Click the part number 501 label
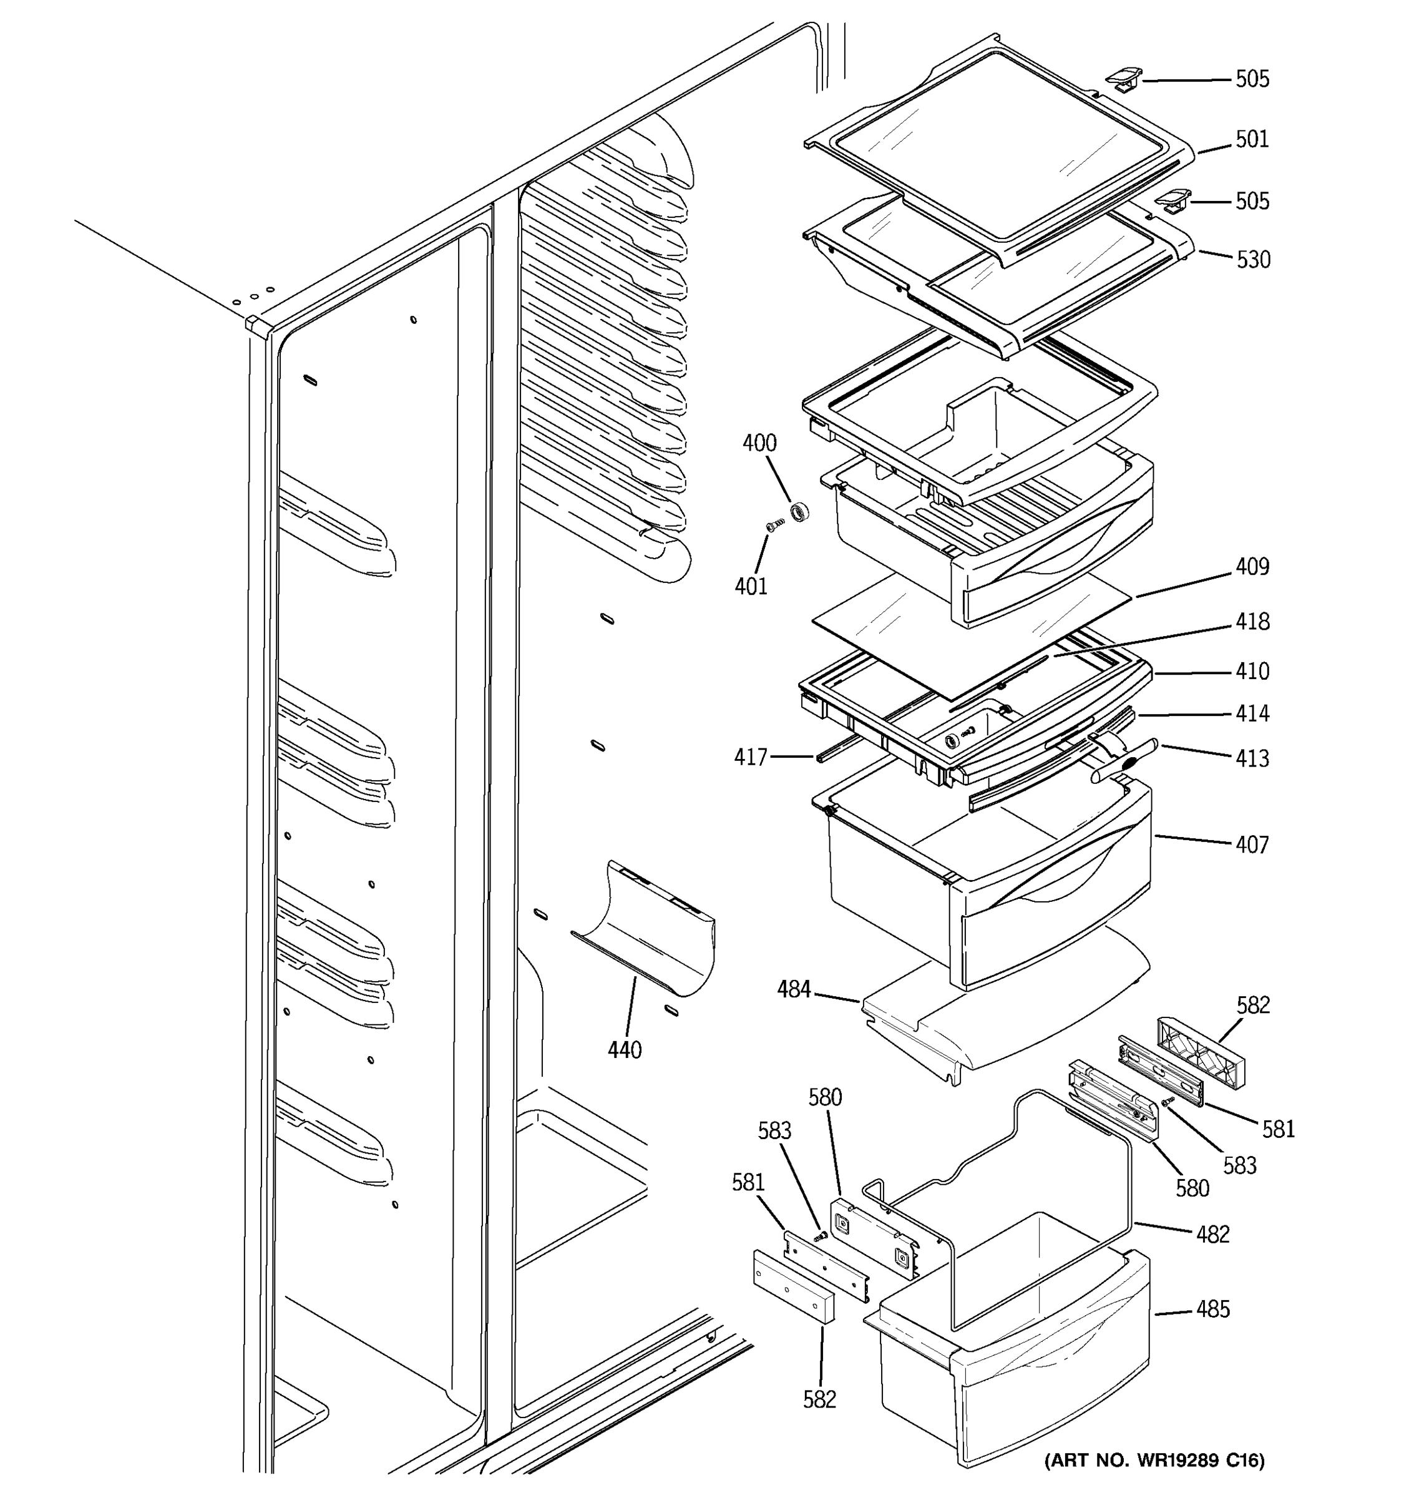1252,139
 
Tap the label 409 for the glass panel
1252,567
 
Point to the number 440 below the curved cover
625,1050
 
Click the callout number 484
794,989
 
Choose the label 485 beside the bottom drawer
1212,1310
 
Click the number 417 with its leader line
751,756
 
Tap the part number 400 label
759,443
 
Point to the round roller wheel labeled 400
799,512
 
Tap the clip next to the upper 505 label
1123,79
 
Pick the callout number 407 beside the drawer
1252,844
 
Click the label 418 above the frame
1252,622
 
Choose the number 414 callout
1252,713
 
